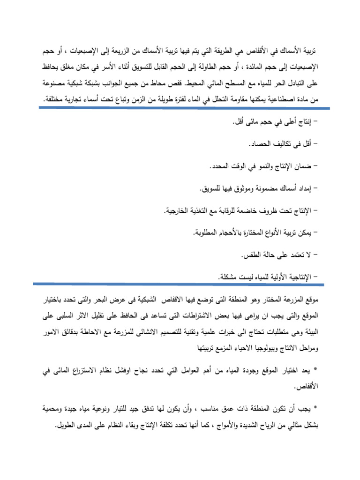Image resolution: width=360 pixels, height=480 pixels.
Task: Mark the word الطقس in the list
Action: (x=251, y=255)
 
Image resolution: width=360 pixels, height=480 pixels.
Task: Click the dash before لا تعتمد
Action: (x=315, y=255)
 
